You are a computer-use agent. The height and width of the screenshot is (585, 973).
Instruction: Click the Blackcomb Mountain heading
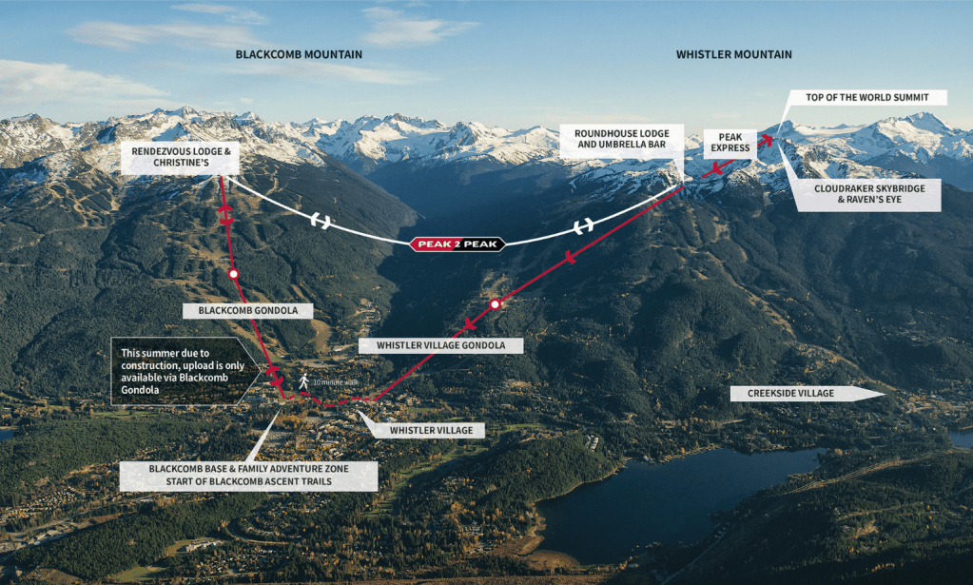(299, 54)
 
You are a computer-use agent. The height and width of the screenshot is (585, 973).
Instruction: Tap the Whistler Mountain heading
(733, 54)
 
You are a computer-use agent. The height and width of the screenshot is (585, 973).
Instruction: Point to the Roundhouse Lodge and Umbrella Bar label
(621, 138)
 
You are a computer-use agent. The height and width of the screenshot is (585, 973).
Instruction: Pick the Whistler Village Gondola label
(441, 344)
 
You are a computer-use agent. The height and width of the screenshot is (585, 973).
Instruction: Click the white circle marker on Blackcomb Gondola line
(234, 274)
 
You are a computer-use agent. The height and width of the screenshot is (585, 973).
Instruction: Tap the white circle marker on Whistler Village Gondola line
(495, 304)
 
